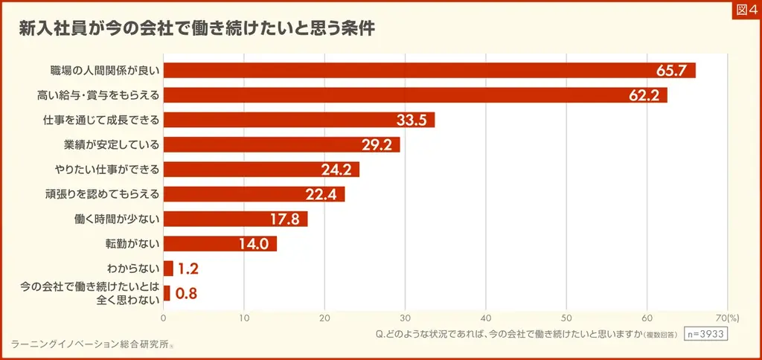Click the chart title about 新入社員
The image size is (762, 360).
197,30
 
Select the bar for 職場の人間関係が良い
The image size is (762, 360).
429,71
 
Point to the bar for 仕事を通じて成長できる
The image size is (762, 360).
298,120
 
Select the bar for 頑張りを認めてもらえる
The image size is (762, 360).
254,194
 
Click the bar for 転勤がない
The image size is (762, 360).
220,243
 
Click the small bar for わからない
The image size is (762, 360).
168,269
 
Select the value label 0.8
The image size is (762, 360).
186,293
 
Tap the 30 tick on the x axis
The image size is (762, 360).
405,318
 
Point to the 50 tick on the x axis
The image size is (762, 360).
566,318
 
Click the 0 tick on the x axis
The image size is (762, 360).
164,318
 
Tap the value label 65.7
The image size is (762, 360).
673,71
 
